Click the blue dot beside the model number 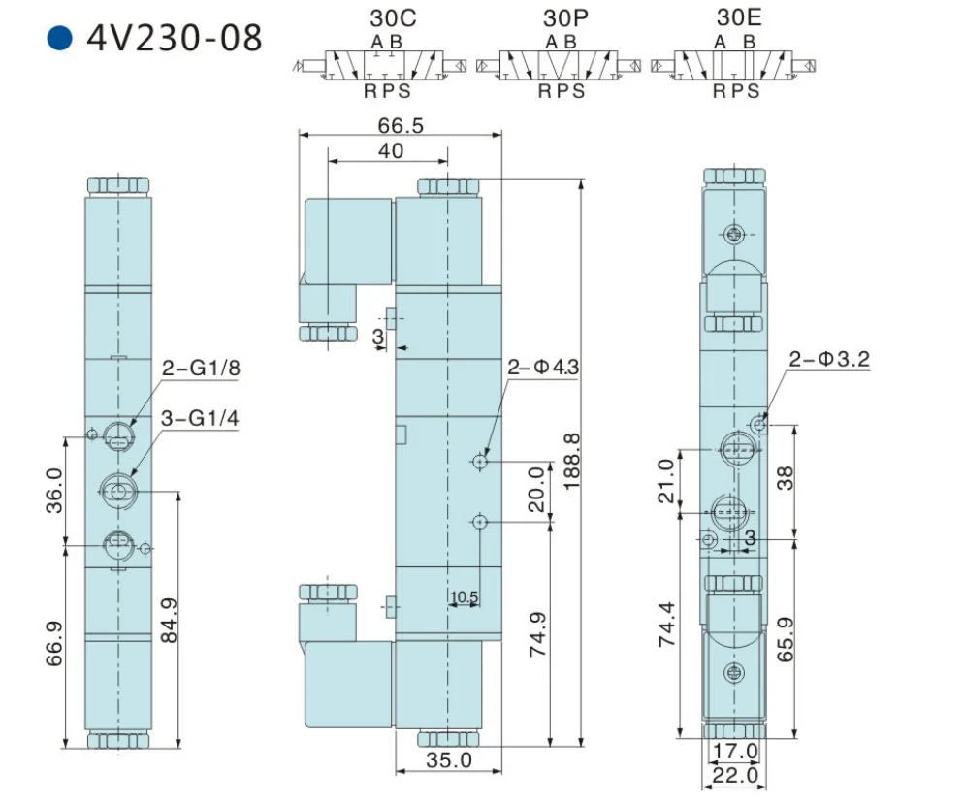pos(59,38)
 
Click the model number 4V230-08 pos(175,38)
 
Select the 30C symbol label pos(393,17)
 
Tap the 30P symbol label pos(565,17)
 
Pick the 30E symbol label pos(738,17)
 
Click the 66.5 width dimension pos(401,125)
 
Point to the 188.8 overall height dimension pos(572,461)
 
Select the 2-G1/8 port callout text pos(201,368)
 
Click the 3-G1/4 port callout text pos(200,418)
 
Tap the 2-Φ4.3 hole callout pos(543,367)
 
